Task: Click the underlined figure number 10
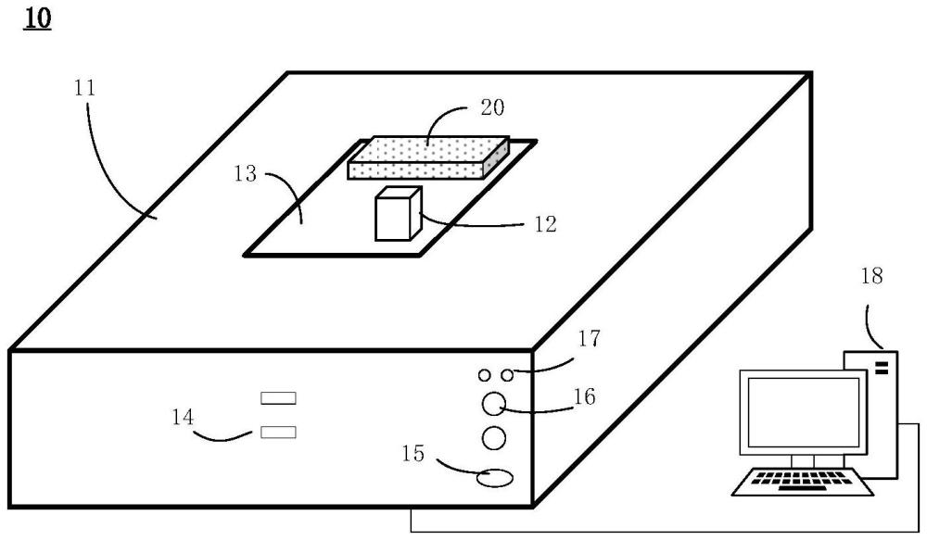point(37,19)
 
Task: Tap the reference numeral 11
point(85,89)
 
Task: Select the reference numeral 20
point(492,107)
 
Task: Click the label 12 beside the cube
point(544,223)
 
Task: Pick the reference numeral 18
point(871,275)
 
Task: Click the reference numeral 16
point(584,397)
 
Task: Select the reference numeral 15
point(414,454)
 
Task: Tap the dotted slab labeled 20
point(428,155)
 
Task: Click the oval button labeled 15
point(495,478)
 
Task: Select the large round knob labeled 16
point(495,403)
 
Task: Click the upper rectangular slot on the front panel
point(279,398)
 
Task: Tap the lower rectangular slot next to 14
point(279,432)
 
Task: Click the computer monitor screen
point(795,412)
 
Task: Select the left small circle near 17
point(485,375)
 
